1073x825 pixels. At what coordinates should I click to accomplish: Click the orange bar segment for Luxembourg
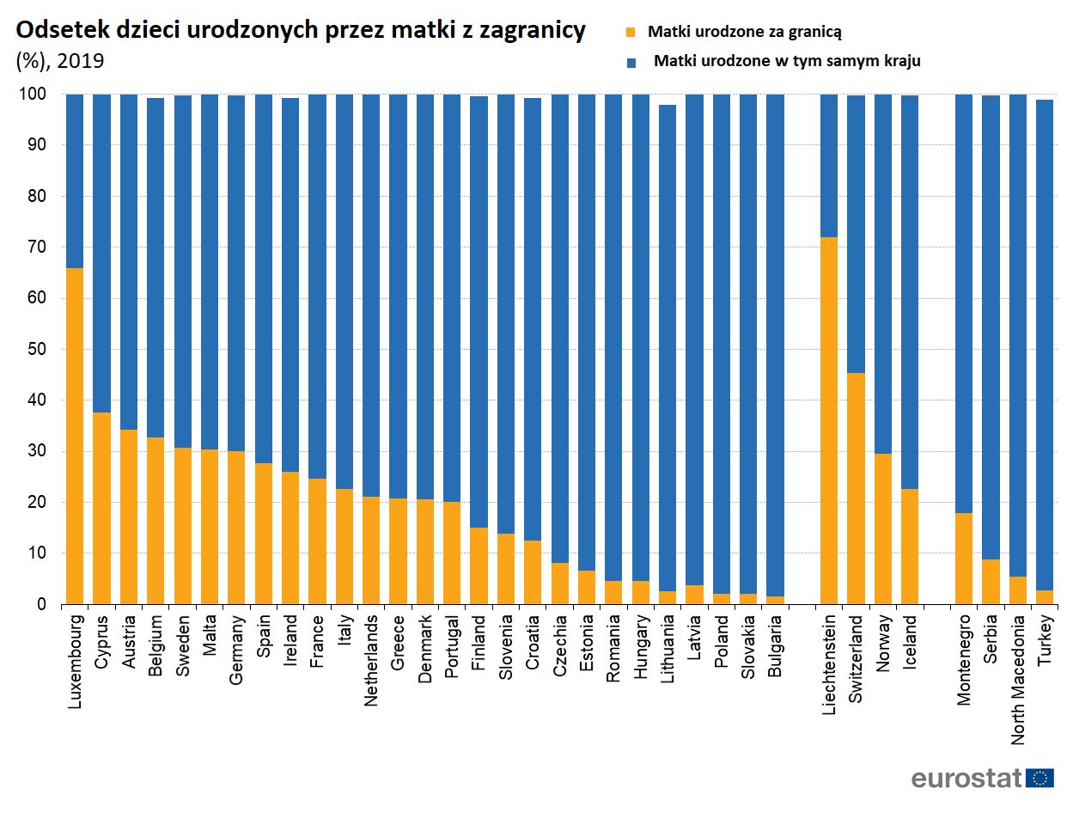(x=75, y=437)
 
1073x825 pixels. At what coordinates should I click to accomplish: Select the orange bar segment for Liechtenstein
(x=829, y=421)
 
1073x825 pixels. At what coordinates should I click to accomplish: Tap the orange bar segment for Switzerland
(x=856, y=488)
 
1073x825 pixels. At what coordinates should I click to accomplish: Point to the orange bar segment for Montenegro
(x=964, y=559)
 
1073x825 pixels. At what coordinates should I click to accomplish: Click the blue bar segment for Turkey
(x=1045, y=344)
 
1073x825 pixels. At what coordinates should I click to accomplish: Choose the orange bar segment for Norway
(x=883, y=529)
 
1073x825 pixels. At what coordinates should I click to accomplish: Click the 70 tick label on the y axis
(x=37, y=247)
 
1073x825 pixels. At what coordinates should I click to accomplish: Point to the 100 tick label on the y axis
(x=33, y=95)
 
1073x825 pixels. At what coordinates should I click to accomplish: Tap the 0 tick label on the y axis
(x=41, y=604)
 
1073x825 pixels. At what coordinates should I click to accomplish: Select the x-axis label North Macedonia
(x=1018, y=680)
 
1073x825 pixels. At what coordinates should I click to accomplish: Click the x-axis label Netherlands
(x=371, y=661)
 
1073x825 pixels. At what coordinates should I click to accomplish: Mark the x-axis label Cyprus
(x=102, y=641)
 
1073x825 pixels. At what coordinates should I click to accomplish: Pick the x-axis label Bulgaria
(x=775, y=646)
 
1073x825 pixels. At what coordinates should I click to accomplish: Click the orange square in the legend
(x=631, y=33)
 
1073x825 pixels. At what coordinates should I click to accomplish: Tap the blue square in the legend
(x=632, y=62)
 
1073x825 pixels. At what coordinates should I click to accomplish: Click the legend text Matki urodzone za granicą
(x=744, y=32)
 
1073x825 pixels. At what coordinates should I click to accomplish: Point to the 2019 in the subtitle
(x=81, y=61)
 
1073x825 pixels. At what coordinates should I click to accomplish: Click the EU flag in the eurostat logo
(x=1040, y=779)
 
